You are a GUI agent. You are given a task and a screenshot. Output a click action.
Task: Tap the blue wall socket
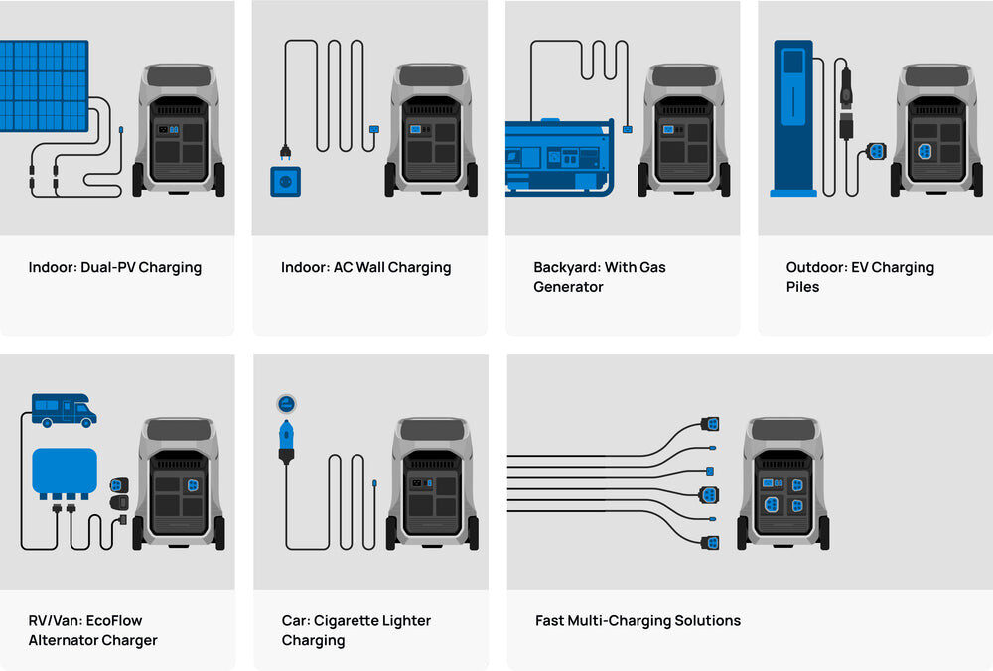pyautogui.click(x=286, y=181)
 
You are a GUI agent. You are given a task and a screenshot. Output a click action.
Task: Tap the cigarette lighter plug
pyautogui.click(x=286, y=441)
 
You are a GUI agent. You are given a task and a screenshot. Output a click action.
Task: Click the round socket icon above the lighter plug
pyautogui.click(x=286, y=403)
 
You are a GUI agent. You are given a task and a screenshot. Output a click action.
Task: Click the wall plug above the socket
pyautogui.click(x=285, y=152)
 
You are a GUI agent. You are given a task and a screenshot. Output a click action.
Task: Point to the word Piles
pyautogui.click(x=802, y=287)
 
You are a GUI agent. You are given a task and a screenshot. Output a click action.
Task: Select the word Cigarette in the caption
pyautogui.click(x=356, y=620)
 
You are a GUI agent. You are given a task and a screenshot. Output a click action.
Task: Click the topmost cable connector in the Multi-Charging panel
pyautogui.click(x=709, y=424)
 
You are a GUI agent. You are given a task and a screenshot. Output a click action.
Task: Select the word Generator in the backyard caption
pyautogui.click(x=568, y=287)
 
